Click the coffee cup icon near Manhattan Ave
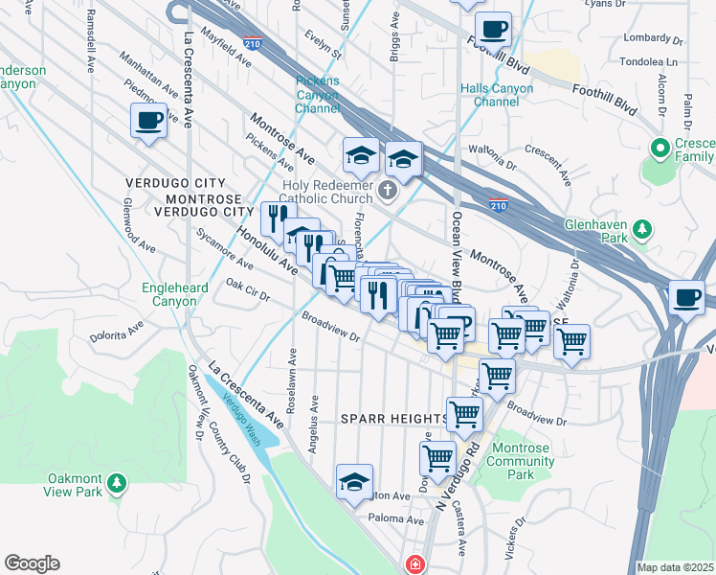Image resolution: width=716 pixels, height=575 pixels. coord(148,121)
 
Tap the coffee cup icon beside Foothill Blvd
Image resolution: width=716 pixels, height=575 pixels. coord(493,30)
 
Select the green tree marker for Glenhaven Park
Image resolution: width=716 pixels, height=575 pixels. coord(643,230)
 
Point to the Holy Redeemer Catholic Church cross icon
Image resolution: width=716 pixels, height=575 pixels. coord(388,190)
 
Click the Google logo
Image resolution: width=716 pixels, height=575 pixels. coord(32,563)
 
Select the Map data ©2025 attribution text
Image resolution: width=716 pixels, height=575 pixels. coord(676,567)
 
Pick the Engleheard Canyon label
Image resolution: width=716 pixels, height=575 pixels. coord(168,294)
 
